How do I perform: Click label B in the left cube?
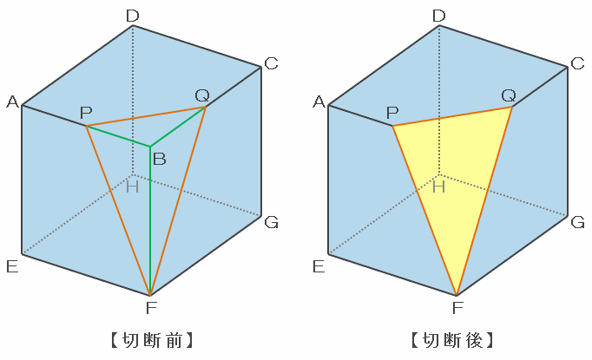pyautogui.click(x=159, y=159)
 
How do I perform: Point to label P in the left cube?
pyautogui.click(x=85, y=113)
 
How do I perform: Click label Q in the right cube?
pyautogui.click(x=509, y=94)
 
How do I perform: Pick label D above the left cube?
pyautogui.click(x=132, y=15)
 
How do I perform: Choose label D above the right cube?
pyautogui.click(x=438, y=15)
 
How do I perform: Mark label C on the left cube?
pyautogui.click(x=272, y=62)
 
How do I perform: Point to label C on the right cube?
pyautogui.click(x=577, y=62)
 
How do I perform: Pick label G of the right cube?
pyautogui.click(x=577, y=223)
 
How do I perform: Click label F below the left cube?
pyautogui.click(x=150, y=307)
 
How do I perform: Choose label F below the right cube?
pyautogui.click(x=457, y=307)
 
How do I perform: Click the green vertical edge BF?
pyautogui.click(x=150, y=226)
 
